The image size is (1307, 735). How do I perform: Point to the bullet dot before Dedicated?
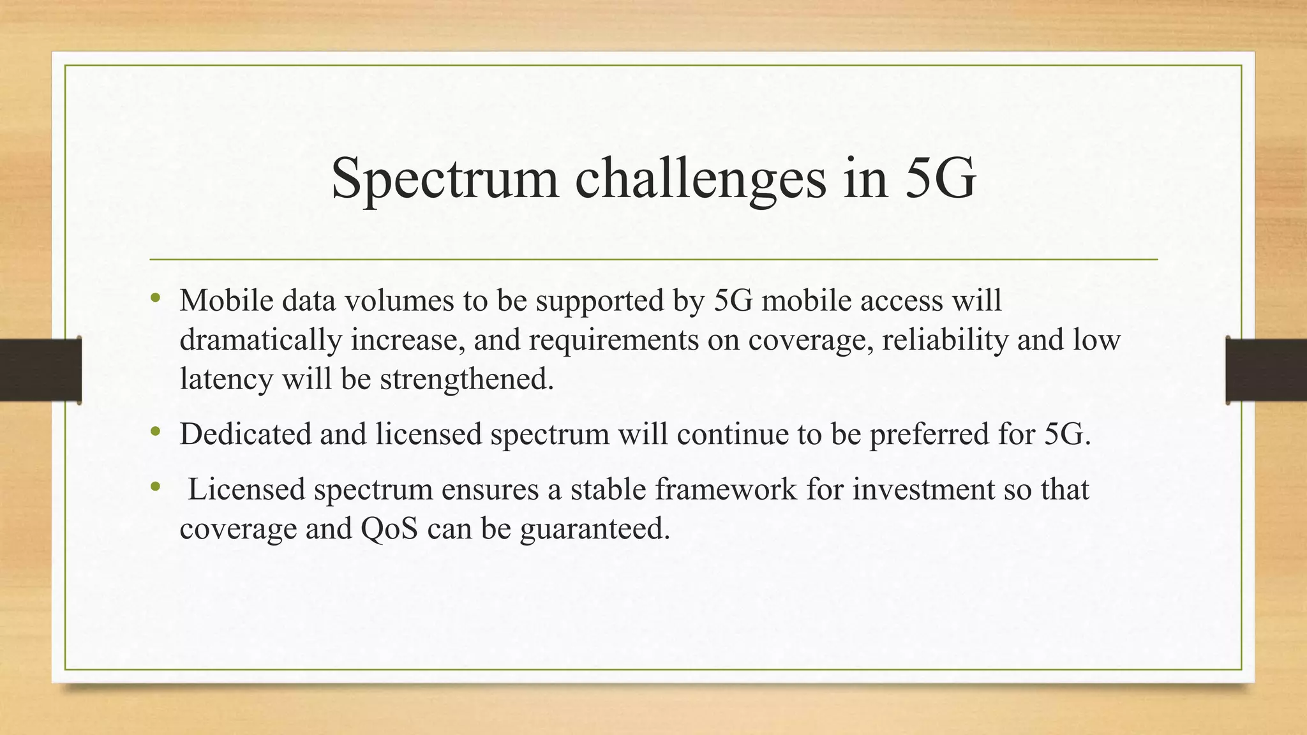155,432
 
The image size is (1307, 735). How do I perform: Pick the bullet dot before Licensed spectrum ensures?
155,487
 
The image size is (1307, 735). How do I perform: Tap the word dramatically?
261,339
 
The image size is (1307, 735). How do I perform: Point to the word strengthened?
467,379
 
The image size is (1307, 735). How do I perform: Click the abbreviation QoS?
389,529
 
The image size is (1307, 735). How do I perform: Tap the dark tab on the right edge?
1266,370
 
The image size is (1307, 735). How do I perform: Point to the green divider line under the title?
653,260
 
